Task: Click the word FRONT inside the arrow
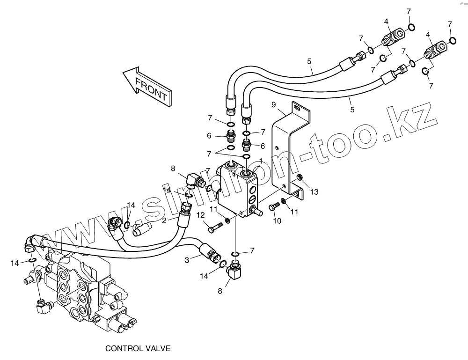click(x=151, y=88)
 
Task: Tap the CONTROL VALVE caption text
click(x=138, y=349)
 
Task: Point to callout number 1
click(x=260, y=161)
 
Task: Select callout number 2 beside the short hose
click(x=165, y=220)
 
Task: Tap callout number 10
click(x=277, y=221)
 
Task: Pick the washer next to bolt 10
click(x=283, y=202)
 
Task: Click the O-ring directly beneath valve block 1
click(x=236, y=254)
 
